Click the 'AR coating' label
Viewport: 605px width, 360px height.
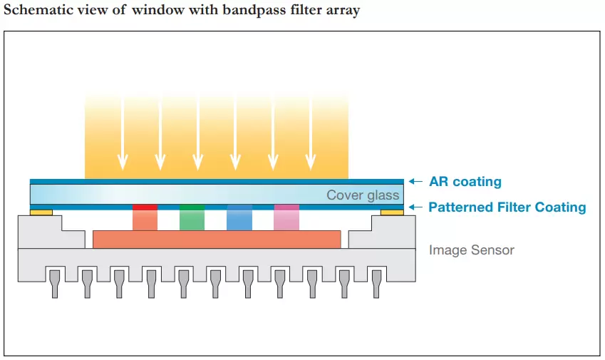coord(465,182)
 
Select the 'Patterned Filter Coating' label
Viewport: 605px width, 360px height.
coord(507,207)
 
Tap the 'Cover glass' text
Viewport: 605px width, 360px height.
coord(363,195)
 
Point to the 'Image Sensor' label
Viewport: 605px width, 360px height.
coord(471,250)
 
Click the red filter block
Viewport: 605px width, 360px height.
coord(145,218)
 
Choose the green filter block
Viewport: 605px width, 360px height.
coord(192,218)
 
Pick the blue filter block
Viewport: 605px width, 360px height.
coord(239,218)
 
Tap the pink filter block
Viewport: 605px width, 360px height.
coord(286,218)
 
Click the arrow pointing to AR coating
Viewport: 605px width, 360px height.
coord(416,182)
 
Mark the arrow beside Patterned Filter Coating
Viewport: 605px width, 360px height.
coord(416,207)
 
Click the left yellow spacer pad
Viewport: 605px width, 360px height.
coord(41,212)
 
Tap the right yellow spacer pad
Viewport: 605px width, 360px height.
coord(392,212)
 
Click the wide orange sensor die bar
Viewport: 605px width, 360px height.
coord(217,240)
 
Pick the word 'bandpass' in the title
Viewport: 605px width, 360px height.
coord(242,11)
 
